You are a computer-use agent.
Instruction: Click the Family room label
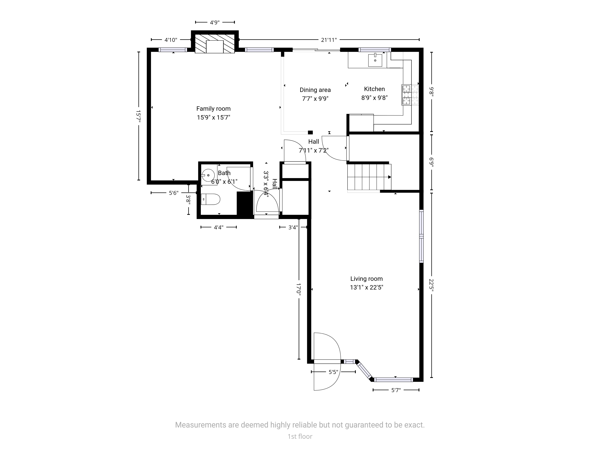coord(213,109)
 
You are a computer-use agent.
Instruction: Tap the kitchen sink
coord(375,60)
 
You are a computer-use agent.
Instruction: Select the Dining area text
coord(315,90)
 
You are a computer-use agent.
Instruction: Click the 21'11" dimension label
coord(329,40)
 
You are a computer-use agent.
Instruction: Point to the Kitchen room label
coord(374,89)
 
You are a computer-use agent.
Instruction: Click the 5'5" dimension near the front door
coord(333,372)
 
